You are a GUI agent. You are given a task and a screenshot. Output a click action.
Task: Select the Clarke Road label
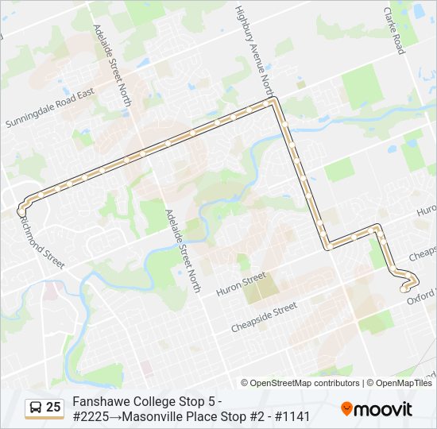[x=395, y=32]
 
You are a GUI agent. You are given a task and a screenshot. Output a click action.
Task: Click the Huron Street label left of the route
[x=242, y=284]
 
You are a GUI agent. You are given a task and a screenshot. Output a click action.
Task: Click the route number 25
[x=53, y=408]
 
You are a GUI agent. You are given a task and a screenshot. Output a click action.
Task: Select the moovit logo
[x=377, y=409]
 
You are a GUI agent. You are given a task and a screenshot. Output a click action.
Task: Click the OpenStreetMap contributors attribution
[x=305, y=383]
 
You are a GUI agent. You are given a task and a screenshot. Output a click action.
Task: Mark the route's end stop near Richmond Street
[x=21, y=211]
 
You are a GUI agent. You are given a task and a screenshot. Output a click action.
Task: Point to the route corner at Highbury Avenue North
[x=274, y=102]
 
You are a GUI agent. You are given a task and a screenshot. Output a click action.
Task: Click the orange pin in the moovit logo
[x=346, y=409]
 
